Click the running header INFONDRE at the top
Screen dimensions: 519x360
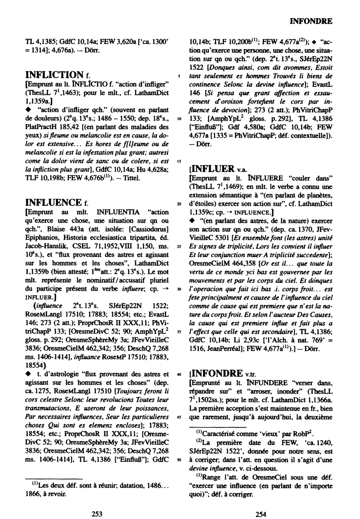point(311,21)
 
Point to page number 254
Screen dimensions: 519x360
point(261,514)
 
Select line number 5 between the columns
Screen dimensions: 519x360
point(179,76)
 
